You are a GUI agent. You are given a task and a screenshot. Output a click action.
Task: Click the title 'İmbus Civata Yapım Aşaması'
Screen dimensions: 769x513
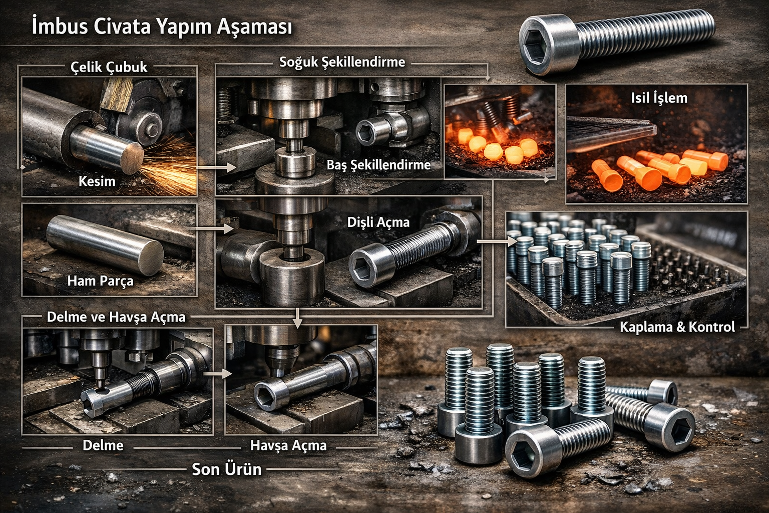(162, 27)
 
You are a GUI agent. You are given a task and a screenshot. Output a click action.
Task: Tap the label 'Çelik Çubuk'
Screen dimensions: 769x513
(109, 67)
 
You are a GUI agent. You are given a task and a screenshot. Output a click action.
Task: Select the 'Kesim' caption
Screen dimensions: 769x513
(97, 181)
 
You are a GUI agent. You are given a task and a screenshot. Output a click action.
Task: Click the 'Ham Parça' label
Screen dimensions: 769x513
(100, 281)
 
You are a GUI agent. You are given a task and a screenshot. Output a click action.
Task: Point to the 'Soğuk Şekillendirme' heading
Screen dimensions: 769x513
(342, 62)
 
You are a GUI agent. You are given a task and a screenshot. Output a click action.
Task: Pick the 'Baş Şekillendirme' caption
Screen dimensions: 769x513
(378, 165)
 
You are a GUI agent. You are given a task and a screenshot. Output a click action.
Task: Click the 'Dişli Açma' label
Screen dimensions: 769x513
(378, 222)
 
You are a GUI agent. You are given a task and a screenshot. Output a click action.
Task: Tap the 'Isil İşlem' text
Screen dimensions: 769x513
(659, 98)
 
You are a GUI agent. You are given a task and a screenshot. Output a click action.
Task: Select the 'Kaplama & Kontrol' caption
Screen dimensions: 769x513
(677, 327)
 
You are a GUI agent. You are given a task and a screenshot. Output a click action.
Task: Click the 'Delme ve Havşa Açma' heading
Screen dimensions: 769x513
(116, 317)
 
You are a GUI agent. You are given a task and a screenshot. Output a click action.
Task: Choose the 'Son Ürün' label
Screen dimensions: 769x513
(227, 469)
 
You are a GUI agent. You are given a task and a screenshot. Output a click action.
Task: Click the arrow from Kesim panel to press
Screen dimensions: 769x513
(216, 168)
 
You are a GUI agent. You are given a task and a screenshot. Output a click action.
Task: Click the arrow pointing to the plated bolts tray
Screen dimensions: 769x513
(497, 241)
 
